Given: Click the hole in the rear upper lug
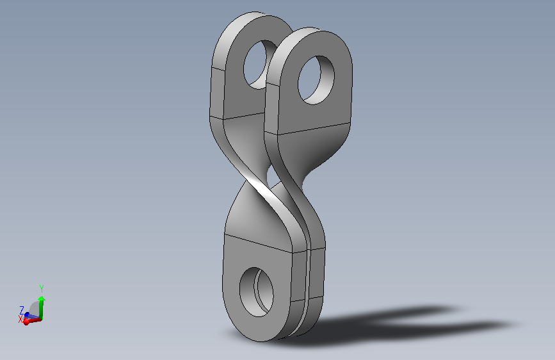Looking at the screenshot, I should (x=257, y=64).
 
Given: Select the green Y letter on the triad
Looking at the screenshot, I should (x=41, y=288).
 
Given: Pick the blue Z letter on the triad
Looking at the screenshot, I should (x=22, y=309).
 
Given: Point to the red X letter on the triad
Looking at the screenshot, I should (x=20, y=317).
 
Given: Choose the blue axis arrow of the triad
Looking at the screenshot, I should (x=26, y=315).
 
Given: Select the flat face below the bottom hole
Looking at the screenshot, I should (x=256, y=325).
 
